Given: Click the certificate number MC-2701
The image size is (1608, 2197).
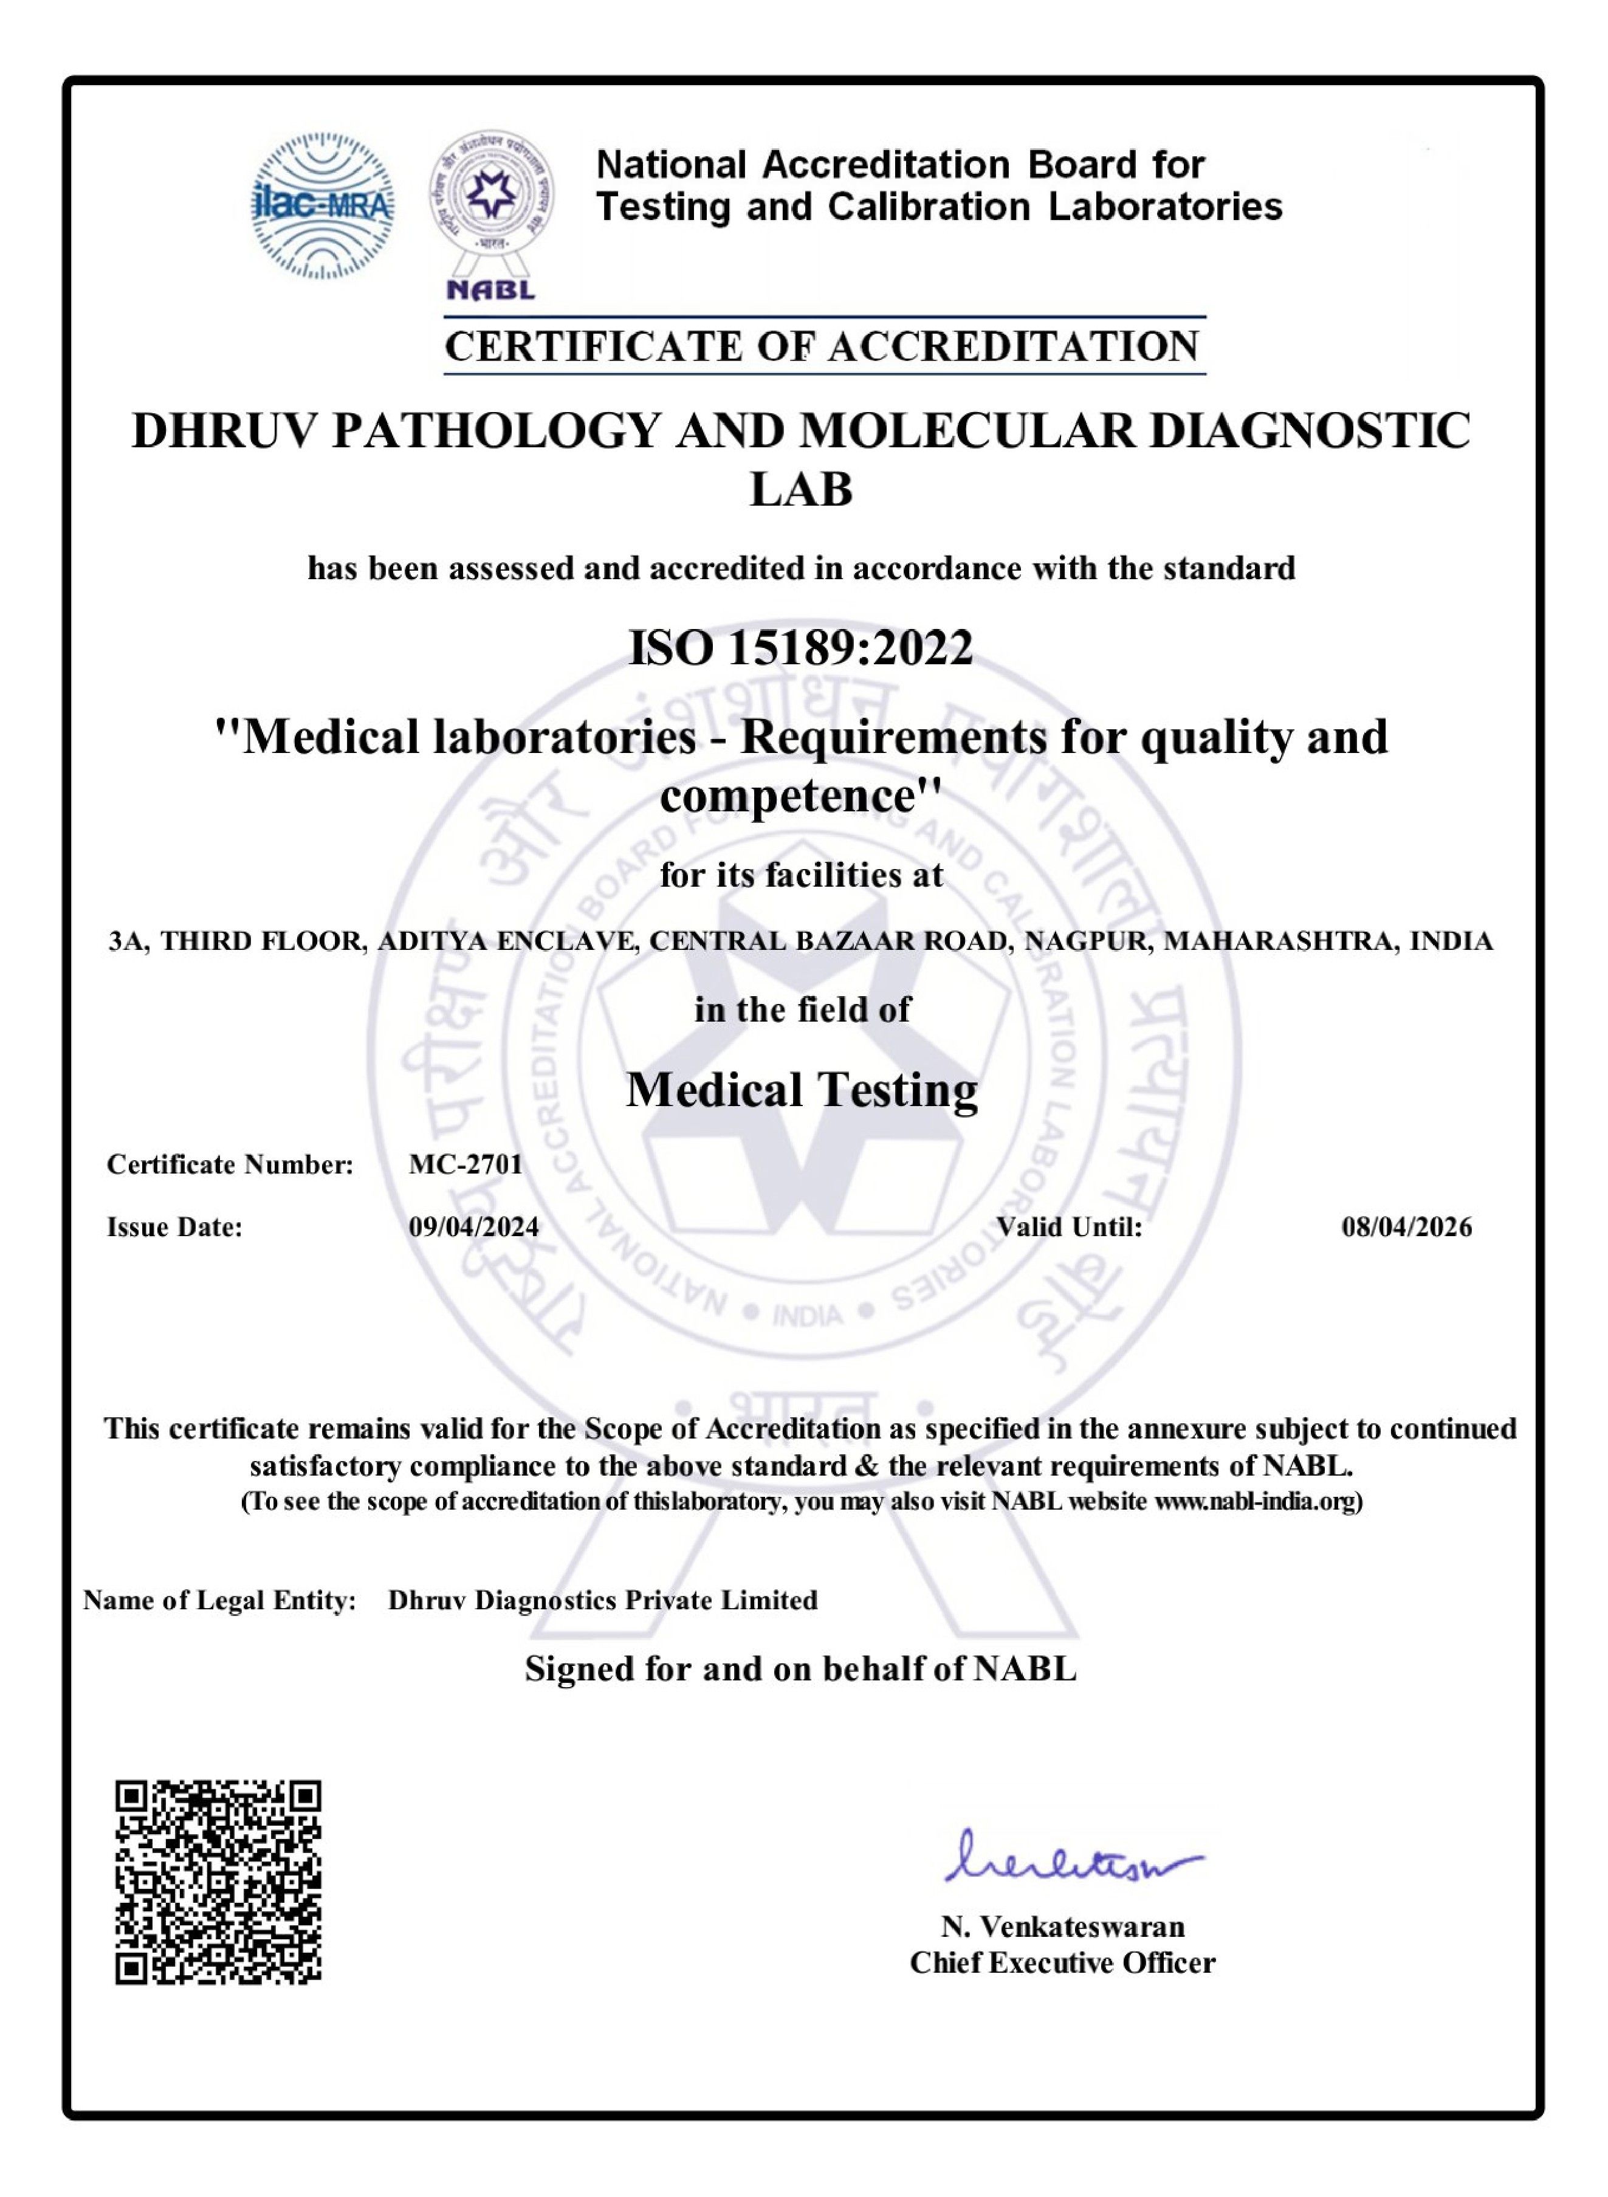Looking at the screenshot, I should tap(466, 1164).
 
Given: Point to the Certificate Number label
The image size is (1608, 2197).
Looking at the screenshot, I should tap(230, 1164).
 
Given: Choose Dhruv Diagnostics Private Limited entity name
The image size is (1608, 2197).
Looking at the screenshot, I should tap(602, 1600).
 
